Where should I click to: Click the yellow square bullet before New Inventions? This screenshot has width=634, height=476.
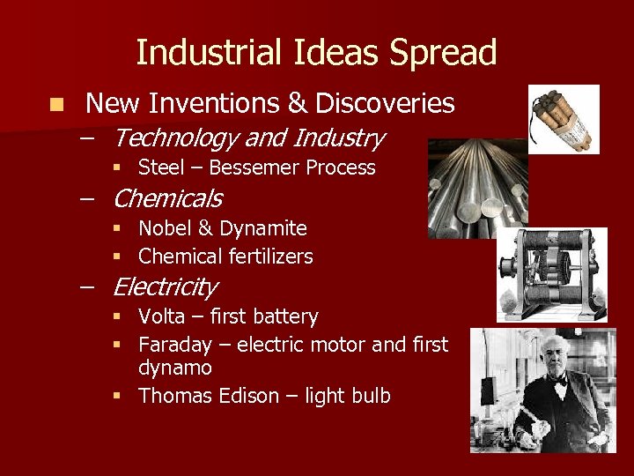(x=57, y=105)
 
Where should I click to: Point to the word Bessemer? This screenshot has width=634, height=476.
(x=255, y=167)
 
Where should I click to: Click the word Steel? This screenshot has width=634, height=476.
(x=161, y=167)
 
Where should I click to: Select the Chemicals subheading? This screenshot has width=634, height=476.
(x=167, y=198)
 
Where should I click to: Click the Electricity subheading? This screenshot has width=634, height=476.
(x=165, y=286)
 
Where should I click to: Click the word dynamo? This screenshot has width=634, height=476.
(x=175, y=368)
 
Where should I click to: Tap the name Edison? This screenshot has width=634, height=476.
(x=240, y=396)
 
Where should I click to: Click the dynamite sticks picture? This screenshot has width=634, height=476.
(x=563, y=119)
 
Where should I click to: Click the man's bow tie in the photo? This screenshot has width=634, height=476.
(x=557, y=382)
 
